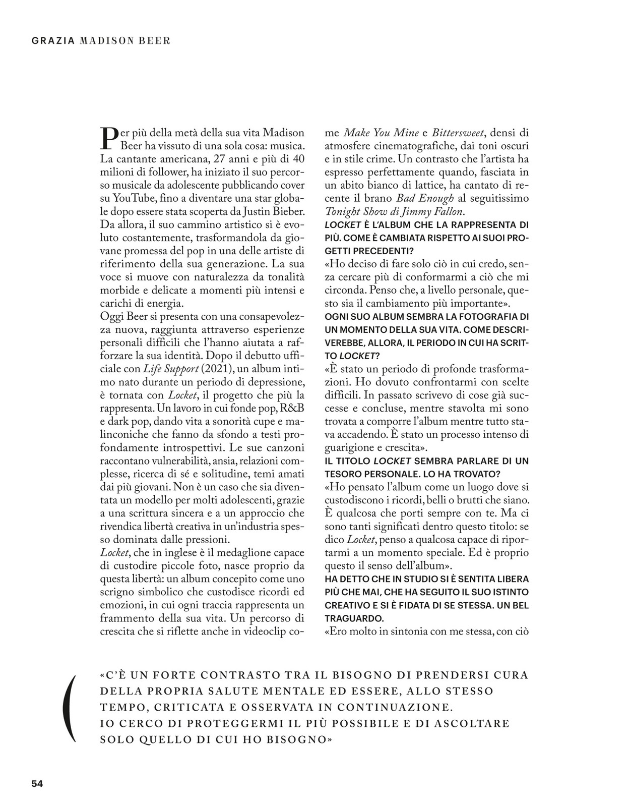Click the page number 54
tap(37, 783)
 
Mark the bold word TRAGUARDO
tap(354, 618)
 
